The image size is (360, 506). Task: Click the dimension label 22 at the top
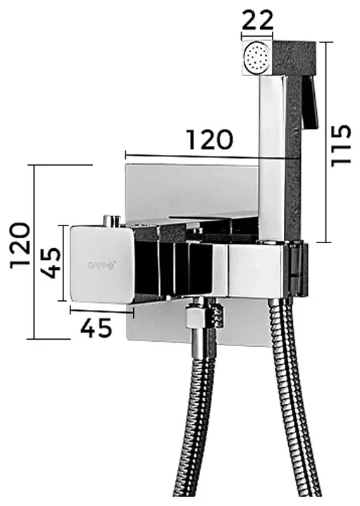pyautogui.click(x=257, y=20)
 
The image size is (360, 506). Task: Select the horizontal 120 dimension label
pyautogui.click(x=210, y=140)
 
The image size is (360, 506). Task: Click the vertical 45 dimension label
pyautogui.click(x=51, y=264)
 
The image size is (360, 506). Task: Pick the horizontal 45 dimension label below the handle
pyautogui.click(x=96, y=328)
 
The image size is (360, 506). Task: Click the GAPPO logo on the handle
pyautogui.click(x=101, y=266)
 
